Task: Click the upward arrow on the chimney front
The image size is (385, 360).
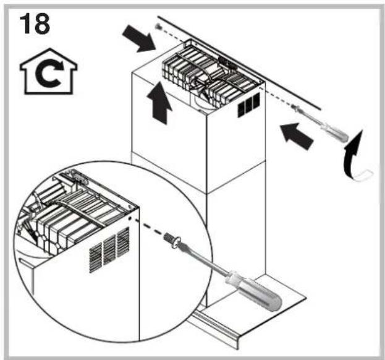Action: pyautogui.click(x=159, y=106)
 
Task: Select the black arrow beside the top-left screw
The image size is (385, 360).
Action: pyautogui.click(x=141, y=38)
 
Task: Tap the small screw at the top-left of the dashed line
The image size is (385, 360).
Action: pyautogui.click(x=159, y=27)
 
